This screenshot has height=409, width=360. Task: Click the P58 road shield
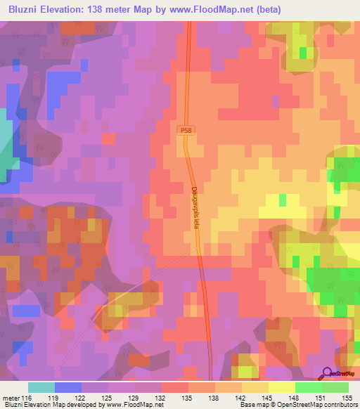tap(184, 130)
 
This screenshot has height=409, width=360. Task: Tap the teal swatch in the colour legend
tap(41, 387)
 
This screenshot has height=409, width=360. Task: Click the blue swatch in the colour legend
tap(67, 387)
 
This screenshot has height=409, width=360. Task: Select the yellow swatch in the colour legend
tap(281, 387)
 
